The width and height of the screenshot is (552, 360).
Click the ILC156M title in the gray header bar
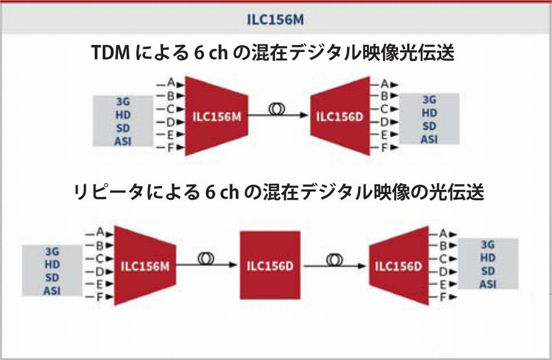tap(276, 20)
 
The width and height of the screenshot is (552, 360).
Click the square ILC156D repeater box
tap(270, 266)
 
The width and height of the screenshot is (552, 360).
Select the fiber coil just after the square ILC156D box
tap(334, 259)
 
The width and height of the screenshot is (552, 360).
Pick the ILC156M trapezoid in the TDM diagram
tap(216, 116)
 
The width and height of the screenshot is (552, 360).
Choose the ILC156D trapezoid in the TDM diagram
tap(339, 116)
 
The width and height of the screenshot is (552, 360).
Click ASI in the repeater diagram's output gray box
tap(488, 284)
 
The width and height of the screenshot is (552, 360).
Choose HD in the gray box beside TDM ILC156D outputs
tap(429, 113)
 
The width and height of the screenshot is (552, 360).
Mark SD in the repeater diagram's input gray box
tap(52, 277)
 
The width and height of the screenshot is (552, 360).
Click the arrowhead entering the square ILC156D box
tap(235, 265)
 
